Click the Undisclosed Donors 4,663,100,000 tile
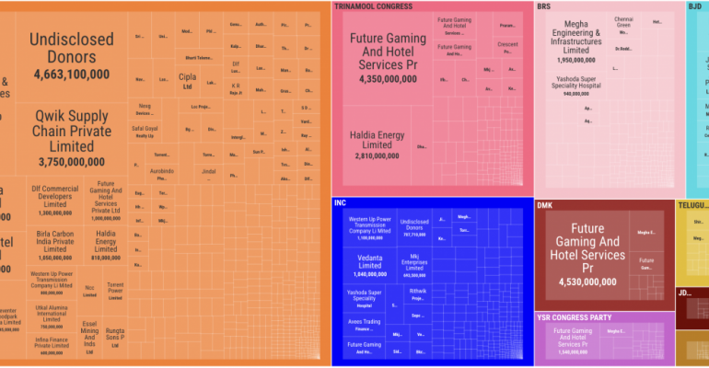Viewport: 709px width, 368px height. (x=72, y=55)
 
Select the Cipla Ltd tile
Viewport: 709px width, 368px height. (x=186, y=84)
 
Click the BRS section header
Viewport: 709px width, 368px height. (x=544, y=6)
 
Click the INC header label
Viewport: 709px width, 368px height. (x=341, y=202)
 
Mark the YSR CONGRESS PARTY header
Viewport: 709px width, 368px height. (x=575, y=317)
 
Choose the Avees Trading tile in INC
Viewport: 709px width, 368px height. (x=364, y=324)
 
